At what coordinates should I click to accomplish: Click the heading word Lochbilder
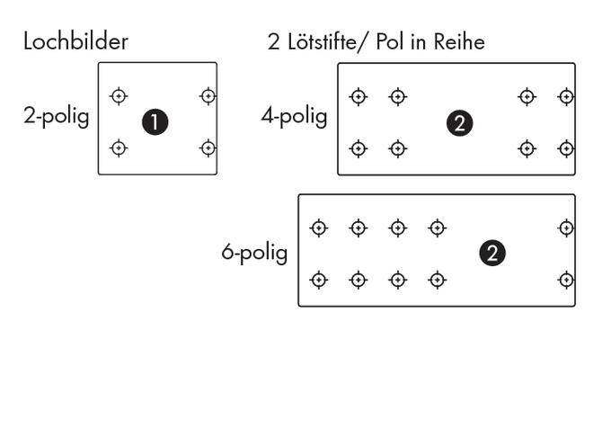(75, 41)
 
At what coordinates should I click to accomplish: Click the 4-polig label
(294, 117)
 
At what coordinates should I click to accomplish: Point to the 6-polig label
(254, 253)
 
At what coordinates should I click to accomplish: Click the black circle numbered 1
(155, 122)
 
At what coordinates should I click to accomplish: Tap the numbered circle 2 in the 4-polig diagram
(459, 124)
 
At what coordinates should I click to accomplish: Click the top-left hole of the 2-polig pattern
(119, 95)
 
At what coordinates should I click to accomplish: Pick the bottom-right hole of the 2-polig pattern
(208, 147)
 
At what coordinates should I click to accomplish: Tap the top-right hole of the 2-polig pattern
(208, 95)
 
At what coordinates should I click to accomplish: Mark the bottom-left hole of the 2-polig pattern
(119, 147)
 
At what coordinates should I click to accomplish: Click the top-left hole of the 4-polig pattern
(359, 96)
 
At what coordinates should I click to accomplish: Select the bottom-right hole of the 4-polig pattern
(566, 148)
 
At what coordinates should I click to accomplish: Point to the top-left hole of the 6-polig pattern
(318, 228)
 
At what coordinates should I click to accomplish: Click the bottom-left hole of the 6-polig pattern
(318, 281)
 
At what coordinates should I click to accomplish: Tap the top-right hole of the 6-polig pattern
(566, 228)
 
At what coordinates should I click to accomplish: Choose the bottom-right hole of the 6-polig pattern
(566, 281)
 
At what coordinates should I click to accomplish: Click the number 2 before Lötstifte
(274, 41)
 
